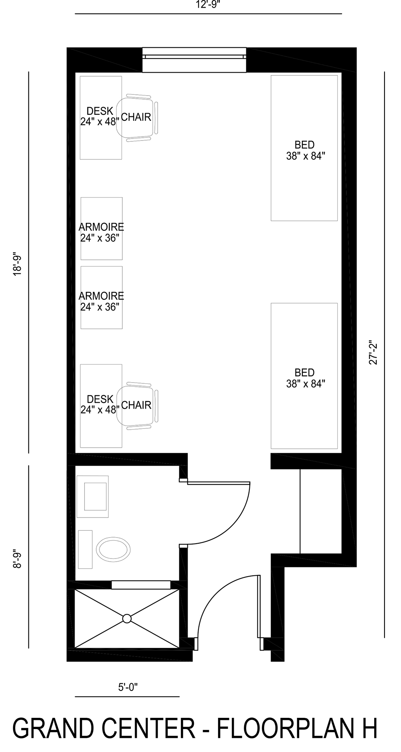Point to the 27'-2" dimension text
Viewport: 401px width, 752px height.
(373, 353)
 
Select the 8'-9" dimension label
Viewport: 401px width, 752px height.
(17, 558)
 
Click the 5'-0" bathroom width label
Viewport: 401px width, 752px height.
(128, 687)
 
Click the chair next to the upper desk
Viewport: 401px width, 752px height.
(137, 117)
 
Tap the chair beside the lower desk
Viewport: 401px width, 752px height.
(137, 405)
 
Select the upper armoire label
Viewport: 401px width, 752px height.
(101, 232)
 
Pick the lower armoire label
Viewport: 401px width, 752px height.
(101, 301)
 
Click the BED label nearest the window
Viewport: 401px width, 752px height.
(305, 150)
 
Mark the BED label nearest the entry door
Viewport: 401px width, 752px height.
(305, 378)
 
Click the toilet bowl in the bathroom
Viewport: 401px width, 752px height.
(114, 550)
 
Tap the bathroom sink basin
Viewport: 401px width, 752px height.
(95, 496)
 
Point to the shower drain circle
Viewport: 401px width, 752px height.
(127, 619)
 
